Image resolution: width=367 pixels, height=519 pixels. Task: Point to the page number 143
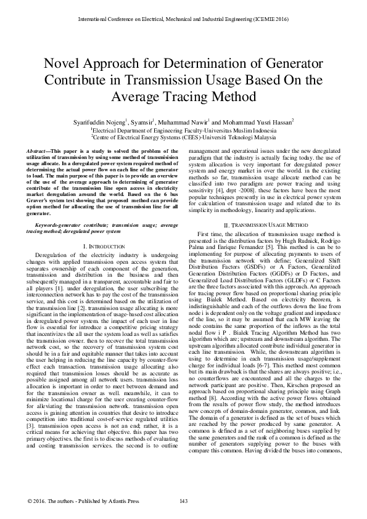[x=183, y=501]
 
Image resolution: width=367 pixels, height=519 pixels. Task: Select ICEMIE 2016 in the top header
[x=271, y=18]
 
